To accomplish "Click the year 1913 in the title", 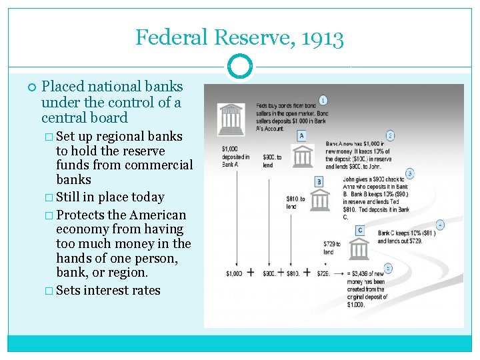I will (x=321, y=37).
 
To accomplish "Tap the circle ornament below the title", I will (x=239, y=67).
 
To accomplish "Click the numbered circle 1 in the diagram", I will (x=323, y=100).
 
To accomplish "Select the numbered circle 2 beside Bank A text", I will (x=390, y=135).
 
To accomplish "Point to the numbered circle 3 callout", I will (x=409, y=173).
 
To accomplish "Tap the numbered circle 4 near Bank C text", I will (x=440, y=225).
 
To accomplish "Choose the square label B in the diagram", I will (x=319, y=181).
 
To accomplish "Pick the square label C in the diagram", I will (x=359, y=230).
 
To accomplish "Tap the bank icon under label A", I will (x=303, y=155).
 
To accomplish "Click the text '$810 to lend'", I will (x=295, y=203).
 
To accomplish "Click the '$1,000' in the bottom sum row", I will (x=234, y=273).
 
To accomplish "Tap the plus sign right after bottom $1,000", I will (x=251, y=272).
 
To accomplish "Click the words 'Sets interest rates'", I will (x=108, y=290).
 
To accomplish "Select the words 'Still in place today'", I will (x=110, y=197).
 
